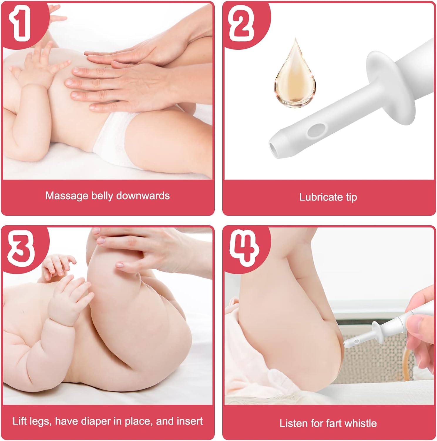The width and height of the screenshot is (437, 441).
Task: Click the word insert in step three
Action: click(188, 421)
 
